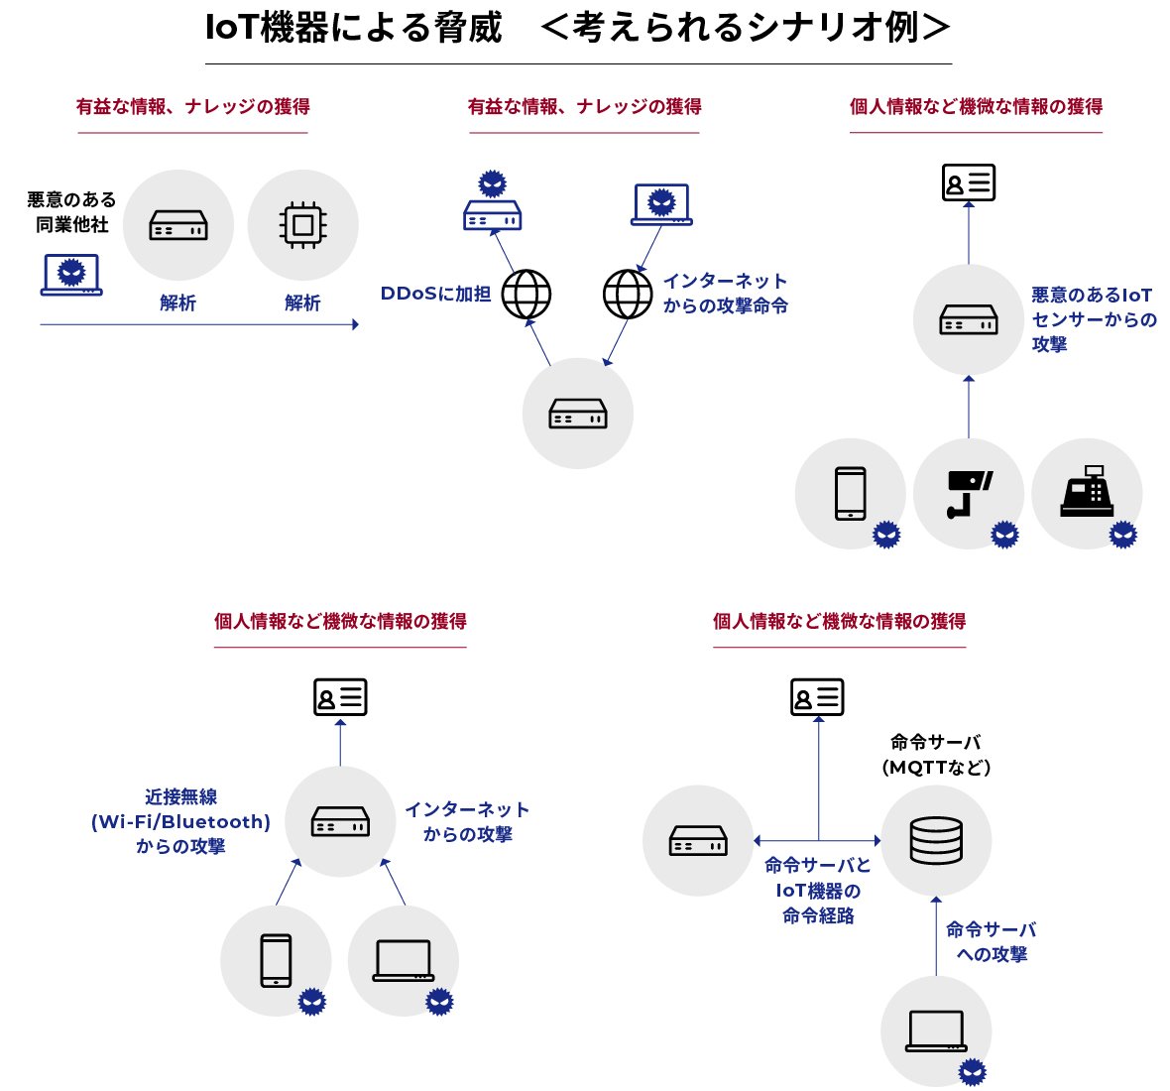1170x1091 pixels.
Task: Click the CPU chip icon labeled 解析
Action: coord(302,225)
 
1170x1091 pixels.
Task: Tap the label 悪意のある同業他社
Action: coord(71,212)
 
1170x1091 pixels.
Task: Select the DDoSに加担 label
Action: coord(435,294)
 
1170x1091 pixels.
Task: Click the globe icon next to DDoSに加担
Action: coord(526,294)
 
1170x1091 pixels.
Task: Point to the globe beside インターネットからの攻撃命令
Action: coord(628,294)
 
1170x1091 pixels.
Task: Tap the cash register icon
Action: coord(1087,492)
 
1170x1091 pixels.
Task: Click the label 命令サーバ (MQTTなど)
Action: coord(936,755)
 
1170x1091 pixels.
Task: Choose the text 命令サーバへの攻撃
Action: coord(991,941)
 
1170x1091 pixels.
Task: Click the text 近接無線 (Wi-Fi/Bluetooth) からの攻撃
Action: coord(180,821)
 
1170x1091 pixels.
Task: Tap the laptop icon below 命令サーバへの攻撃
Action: coord(936,1031)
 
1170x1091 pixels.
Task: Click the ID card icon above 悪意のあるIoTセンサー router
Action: coord(968,182)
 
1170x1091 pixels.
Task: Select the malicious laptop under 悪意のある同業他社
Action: coord(71,275)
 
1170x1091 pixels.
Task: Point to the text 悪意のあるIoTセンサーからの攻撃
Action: coord(1093,319)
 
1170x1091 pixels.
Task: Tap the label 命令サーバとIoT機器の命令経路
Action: coord(818,891)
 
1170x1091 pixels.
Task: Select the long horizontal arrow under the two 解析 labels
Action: coord(198,324)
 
